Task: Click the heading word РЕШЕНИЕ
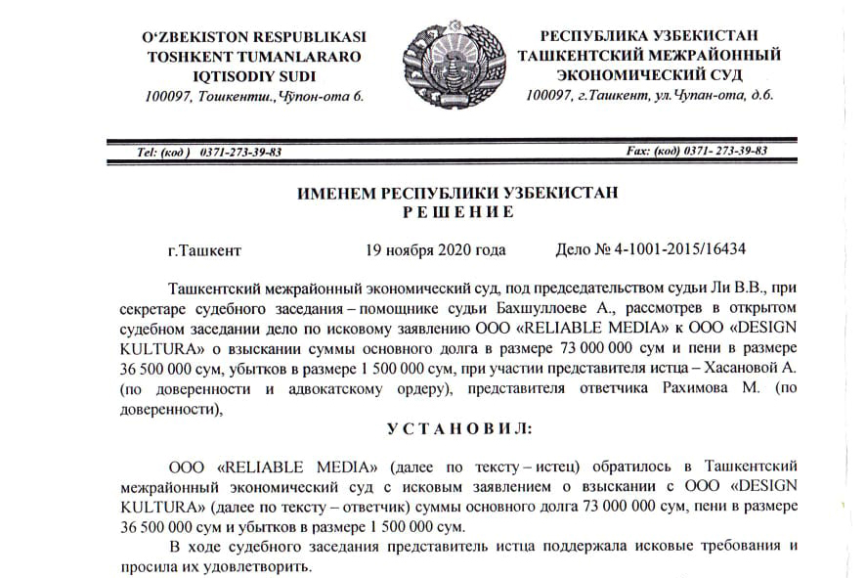coord(458,211)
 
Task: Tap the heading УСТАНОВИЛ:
coord(458,429)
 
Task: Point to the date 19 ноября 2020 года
coord(435,249)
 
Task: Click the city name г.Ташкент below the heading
coord(204,250)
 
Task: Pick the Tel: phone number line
coord(209,153)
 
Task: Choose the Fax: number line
coord(696,152)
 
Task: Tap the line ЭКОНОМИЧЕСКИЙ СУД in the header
coord(649,74)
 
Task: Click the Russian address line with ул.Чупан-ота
coord(649,95)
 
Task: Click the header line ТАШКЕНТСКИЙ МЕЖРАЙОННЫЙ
coord(649,56)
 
